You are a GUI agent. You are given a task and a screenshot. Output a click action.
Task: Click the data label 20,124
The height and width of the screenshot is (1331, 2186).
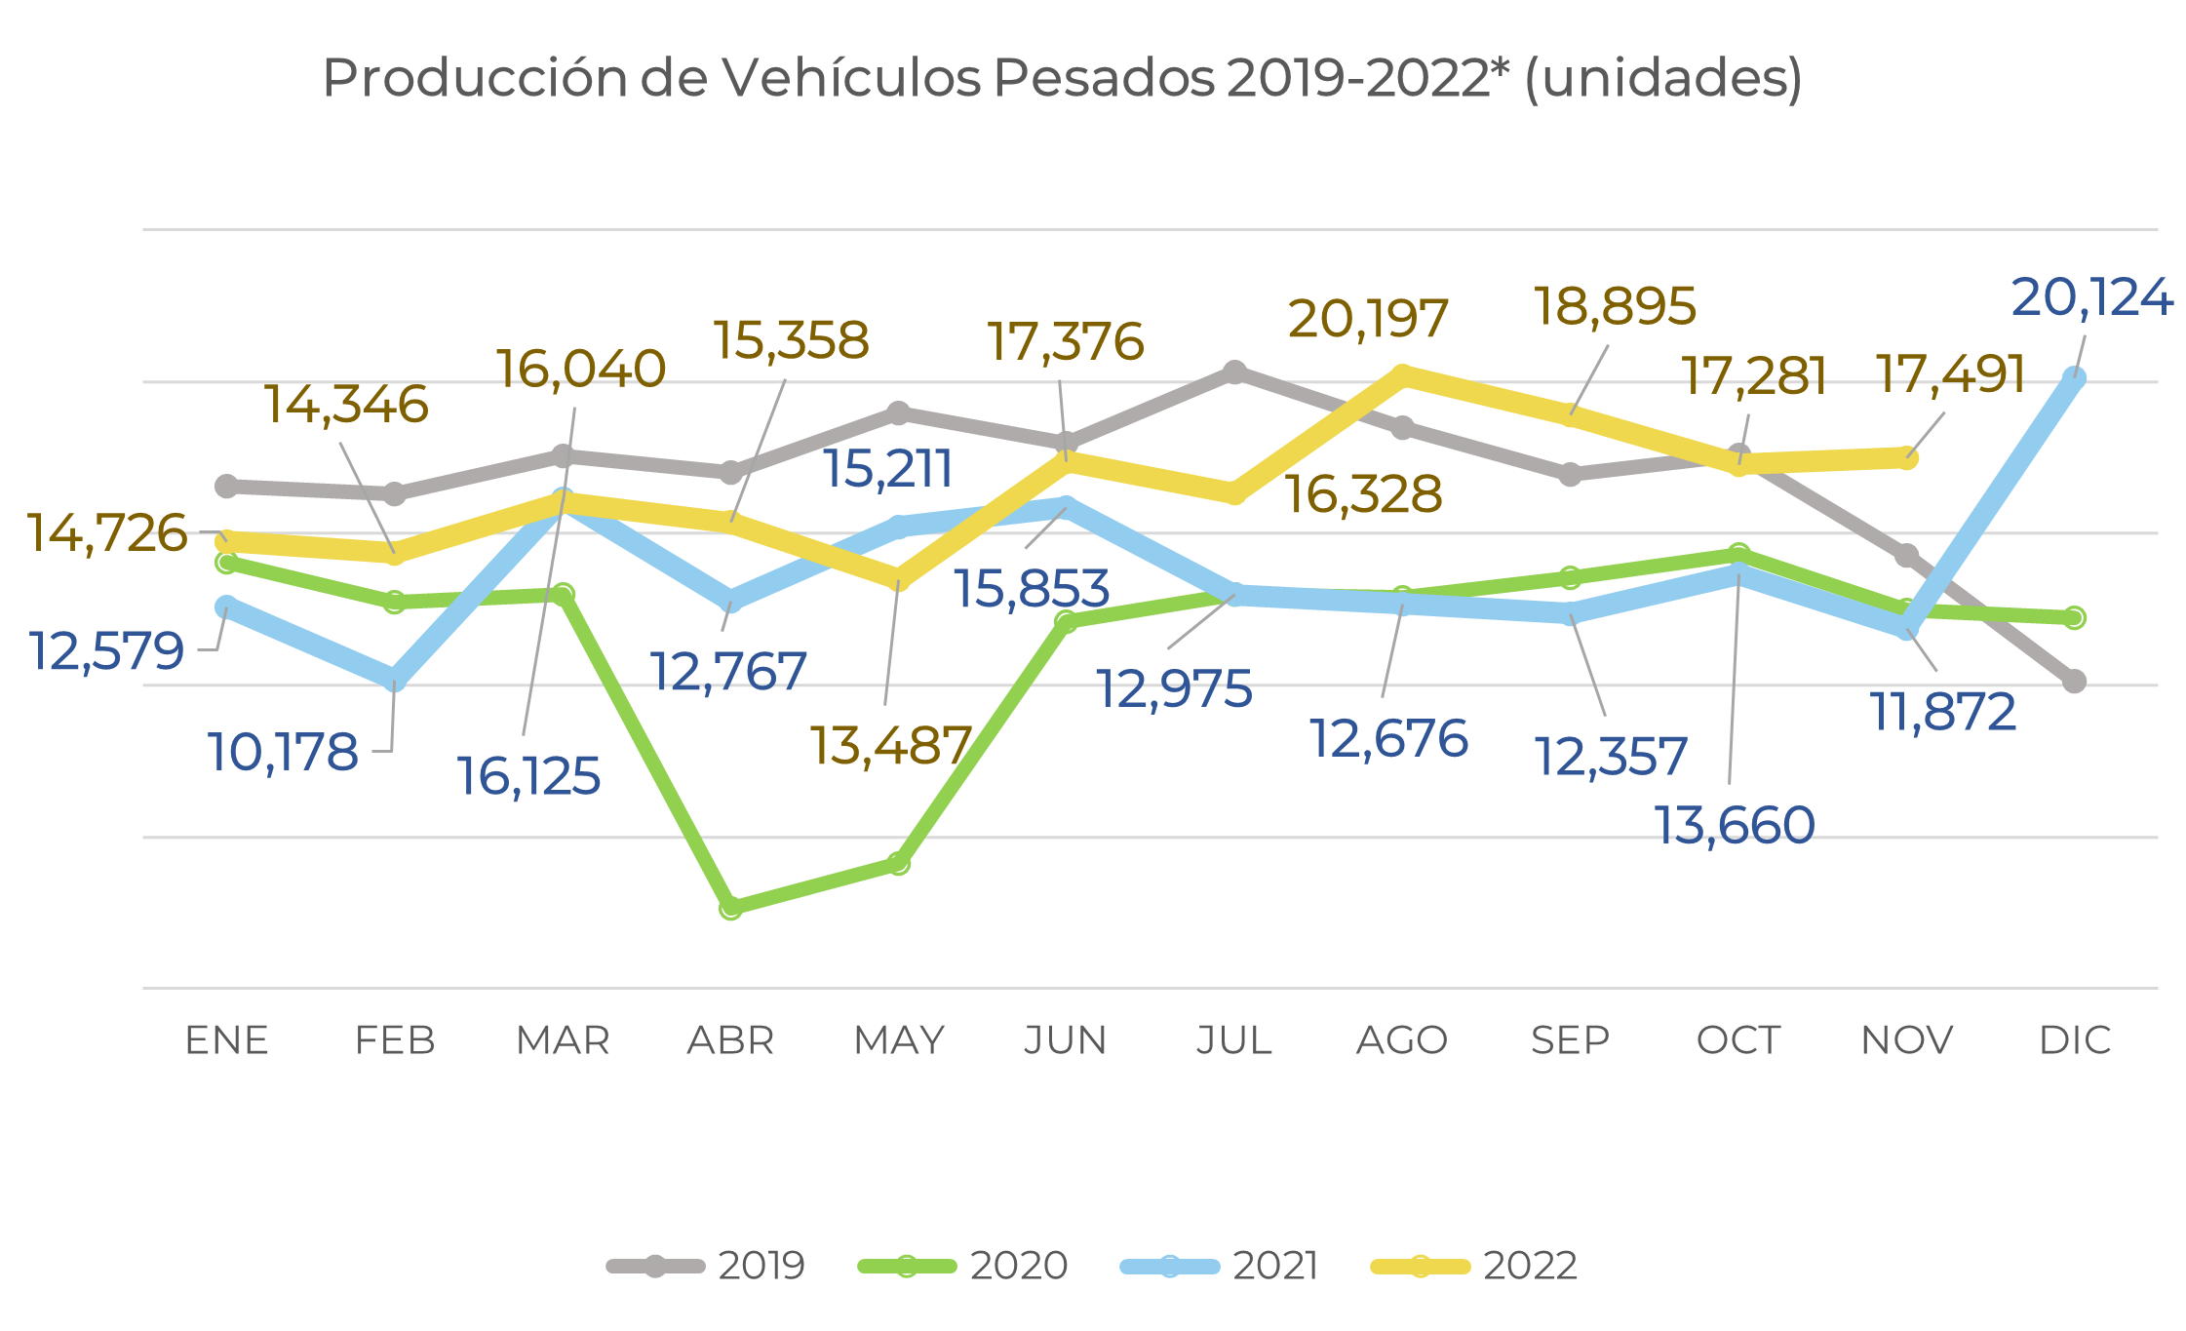(2091, 297)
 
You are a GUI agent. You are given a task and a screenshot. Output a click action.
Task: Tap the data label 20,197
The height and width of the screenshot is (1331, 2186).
(1368, 319)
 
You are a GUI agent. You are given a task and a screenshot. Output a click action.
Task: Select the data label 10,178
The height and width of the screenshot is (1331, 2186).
(283, 753)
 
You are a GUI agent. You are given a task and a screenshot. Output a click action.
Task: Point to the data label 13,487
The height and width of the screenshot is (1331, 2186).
(891, 746)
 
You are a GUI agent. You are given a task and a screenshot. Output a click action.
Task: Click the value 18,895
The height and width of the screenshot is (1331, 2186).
(1616, 306)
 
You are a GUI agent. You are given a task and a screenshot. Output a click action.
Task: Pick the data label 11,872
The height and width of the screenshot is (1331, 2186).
(1942, 712)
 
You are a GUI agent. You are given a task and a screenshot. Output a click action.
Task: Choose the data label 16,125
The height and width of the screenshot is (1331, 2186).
(528, 776)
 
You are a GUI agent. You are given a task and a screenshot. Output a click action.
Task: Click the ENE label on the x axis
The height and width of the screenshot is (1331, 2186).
(226, 1040)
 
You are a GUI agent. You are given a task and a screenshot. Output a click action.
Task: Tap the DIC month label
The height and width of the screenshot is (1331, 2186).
(2075, 1040)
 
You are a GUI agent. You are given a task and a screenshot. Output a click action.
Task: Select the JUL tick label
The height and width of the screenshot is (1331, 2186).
(1234, 1040)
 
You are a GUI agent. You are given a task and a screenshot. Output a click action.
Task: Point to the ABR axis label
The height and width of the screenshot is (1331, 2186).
(730, 1040)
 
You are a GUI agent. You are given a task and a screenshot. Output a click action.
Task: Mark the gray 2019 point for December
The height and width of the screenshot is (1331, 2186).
(2075, 681)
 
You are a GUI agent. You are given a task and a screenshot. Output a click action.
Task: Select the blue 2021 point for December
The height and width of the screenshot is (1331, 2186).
(2075, 377)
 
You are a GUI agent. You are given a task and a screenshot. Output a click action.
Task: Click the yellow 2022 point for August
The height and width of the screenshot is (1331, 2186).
(1402, 375)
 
